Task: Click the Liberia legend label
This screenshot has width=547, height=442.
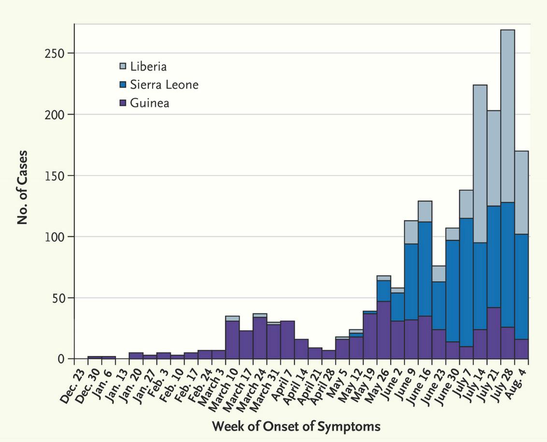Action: pos(148,66)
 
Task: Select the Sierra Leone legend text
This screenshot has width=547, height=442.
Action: pos(164,85)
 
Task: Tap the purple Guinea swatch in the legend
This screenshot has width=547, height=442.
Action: pos(123,103)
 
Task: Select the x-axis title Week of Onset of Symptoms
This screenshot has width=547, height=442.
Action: pos(296,427)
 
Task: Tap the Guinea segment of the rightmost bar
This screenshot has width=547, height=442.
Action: pos(521,349)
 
